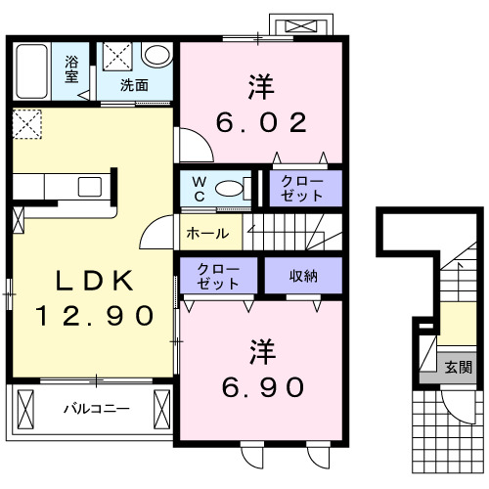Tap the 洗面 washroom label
point(134,85)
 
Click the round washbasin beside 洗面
point(156,55)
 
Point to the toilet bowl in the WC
point(228,189)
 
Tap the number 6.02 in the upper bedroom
point(261,123)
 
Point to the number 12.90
point(95,315)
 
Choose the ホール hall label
point(207,234)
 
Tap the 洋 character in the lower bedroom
point(260,347)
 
